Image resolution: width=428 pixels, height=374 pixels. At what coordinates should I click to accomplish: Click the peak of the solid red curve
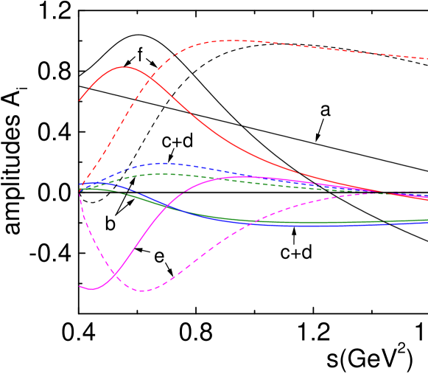[x=125, y=67]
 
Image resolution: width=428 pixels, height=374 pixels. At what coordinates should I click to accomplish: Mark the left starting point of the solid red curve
[x=80, y=100]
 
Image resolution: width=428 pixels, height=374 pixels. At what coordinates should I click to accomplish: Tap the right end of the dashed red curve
[x=427, y=59]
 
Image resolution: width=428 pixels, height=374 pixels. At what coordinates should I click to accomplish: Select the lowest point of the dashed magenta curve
[x=142, y=291]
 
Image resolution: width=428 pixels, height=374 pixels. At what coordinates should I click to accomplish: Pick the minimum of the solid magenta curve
[x=91, y=289]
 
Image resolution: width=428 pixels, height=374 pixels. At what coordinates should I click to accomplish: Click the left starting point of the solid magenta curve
[x=80, y=286]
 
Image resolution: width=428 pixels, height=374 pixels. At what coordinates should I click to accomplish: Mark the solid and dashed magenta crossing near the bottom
[x=112, y=276]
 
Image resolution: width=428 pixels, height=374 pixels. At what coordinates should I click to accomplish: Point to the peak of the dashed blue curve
[x=164, y=163]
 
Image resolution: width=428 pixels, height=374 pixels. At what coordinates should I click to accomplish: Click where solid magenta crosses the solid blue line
[x=169, y=207]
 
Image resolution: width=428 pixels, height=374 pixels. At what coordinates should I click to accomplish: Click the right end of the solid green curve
[x=427, y=220]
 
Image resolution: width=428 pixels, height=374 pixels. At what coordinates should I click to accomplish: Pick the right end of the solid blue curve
[x=427, y=222]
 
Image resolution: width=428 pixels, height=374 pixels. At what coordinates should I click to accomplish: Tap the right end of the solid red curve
[x=427, y=200]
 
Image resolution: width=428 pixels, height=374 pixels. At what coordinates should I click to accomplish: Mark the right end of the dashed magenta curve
[x=427, y=193]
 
